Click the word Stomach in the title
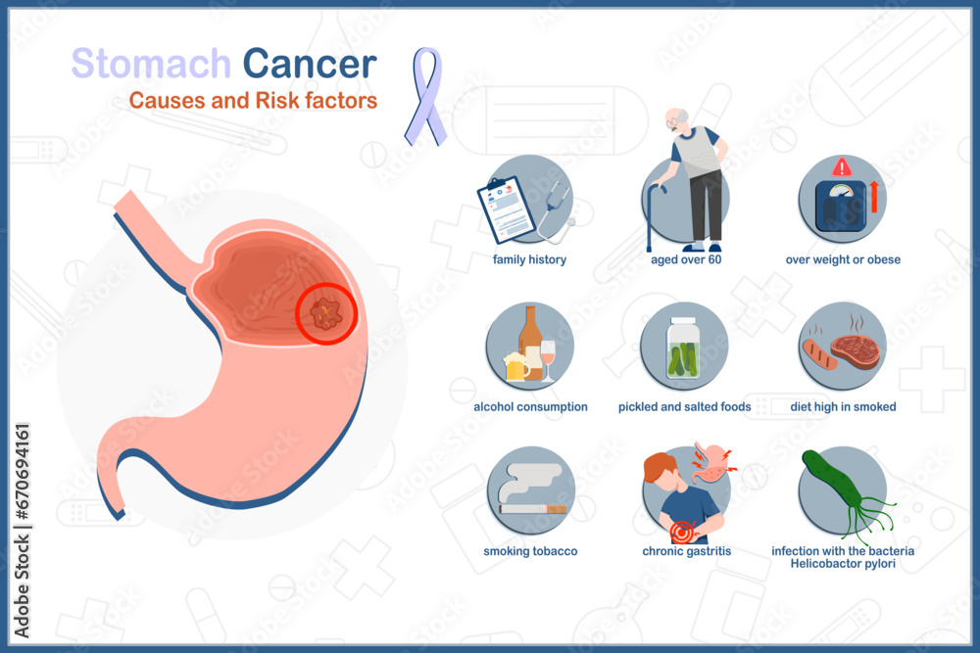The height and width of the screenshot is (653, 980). [151, 64]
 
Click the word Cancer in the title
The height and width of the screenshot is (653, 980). [310, 64]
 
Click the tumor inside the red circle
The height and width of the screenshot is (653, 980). [324, 313]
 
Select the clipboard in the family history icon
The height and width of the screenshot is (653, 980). [507, 210]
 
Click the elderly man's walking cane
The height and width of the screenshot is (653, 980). [653, 215]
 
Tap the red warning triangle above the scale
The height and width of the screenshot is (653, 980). [842, 167]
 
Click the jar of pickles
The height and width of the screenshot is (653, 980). [682, 350]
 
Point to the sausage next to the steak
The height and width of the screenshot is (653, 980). [818, 354]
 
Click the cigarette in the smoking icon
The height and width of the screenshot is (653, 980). [533, 508]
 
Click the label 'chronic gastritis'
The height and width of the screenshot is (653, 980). [686, 551]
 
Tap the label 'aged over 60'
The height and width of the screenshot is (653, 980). [686, 259]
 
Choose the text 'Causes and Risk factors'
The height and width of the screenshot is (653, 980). [253, 101]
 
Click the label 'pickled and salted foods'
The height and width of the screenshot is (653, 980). [684, 406]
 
